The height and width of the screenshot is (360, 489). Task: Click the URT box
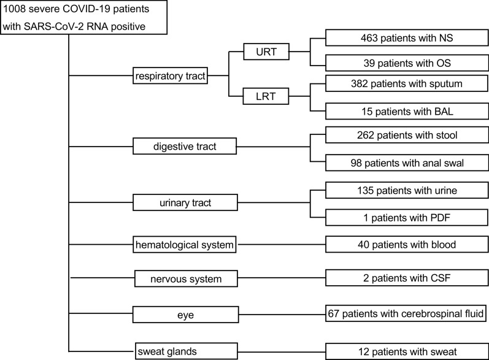click(266, 52)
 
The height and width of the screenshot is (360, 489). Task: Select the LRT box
click(266, 96)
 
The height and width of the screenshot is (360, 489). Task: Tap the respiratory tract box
click(171, 75)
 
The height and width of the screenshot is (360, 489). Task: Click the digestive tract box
click(185, 146)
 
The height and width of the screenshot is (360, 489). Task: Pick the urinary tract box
click(185, 202)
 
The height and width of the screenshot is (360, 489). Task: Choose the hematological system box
click(185, 244)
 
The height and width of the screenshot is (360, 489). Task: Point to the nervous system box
click(186, 278)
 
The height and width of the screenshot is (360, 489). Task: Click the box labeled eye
click(185, 315)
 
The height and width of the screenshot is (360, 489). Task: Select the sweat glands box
click(186, 351)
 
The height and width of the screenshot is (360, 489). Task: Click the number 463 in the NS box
click(369, 38)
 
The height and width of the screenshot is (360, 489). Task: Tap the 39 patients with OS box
click(407, 63)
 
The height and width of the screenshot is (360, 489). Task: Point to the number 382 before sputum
click(360, 83)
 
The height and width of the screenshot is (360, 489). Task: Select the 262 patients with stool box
click(407, 135)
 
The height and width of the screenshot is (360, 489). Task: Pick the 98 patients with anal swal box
click(407, 163)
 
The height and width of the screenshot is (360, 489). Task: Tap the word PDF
click(441, 218)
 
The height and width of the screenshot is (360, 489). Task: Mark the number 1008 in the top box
click(14, 9)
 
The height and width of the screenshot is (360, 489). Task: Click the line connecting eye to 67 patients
click(282, 314)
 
